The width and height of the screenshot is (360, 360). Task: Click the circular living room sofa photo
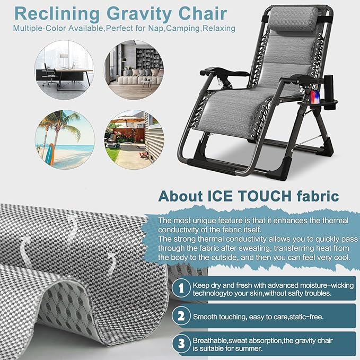134,66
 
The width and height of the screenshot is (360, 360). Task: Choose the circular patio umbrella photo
134,136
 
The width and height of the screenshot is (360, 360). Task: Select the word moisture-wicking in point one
323,285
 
